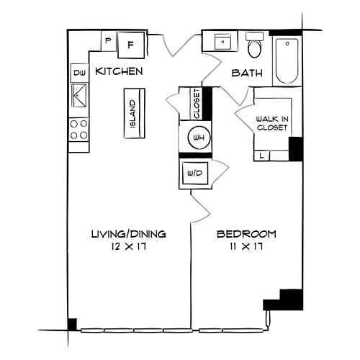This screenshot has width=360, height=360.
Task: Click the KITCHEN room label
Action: pyautogui.click(x=119, y=71)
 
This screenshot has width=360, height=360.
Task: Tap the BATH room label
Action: pyautogui.click(x=245, y=73)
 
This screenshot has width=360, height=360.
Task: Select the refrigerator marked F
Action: pyautogui.click(x=131, y=45)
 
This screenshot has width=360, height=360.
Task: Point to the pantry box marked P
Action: pyautogui.click(x=108, y=41)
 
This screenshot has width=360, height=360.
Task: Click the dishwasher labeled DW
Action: pyautogui.click(x=79, y=73)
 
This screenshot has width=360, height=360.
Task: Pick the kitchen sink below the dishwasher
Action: pyautogui.click(x=79, y=94)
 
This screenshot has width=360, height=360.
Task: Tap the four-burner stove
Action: pyautogui.click(x=78, y=130)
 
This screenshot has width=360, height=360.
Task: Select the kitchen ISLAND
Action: pyautogui.click(x=134, y=114)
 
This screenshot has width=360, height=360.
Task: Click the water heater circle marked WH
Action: pyautogui.click(x=197, y=138)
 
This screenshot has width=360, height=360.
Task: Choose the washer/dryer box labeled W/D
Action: pyautogui.click(x=194, y=174)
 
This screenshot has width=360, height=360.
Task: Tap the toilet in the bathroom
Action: pyautogui.click(x=254, y=47)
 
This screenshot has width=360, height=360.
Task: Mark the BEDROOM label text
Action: pyautogui.click(x=247, y=234)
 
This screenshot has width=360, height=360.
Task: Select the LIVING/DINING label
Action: pyautogui.click(x=129, y=234)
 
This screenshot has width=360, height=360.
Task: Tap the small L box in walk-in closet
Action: pyautogui.click(x=261, y=155)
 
